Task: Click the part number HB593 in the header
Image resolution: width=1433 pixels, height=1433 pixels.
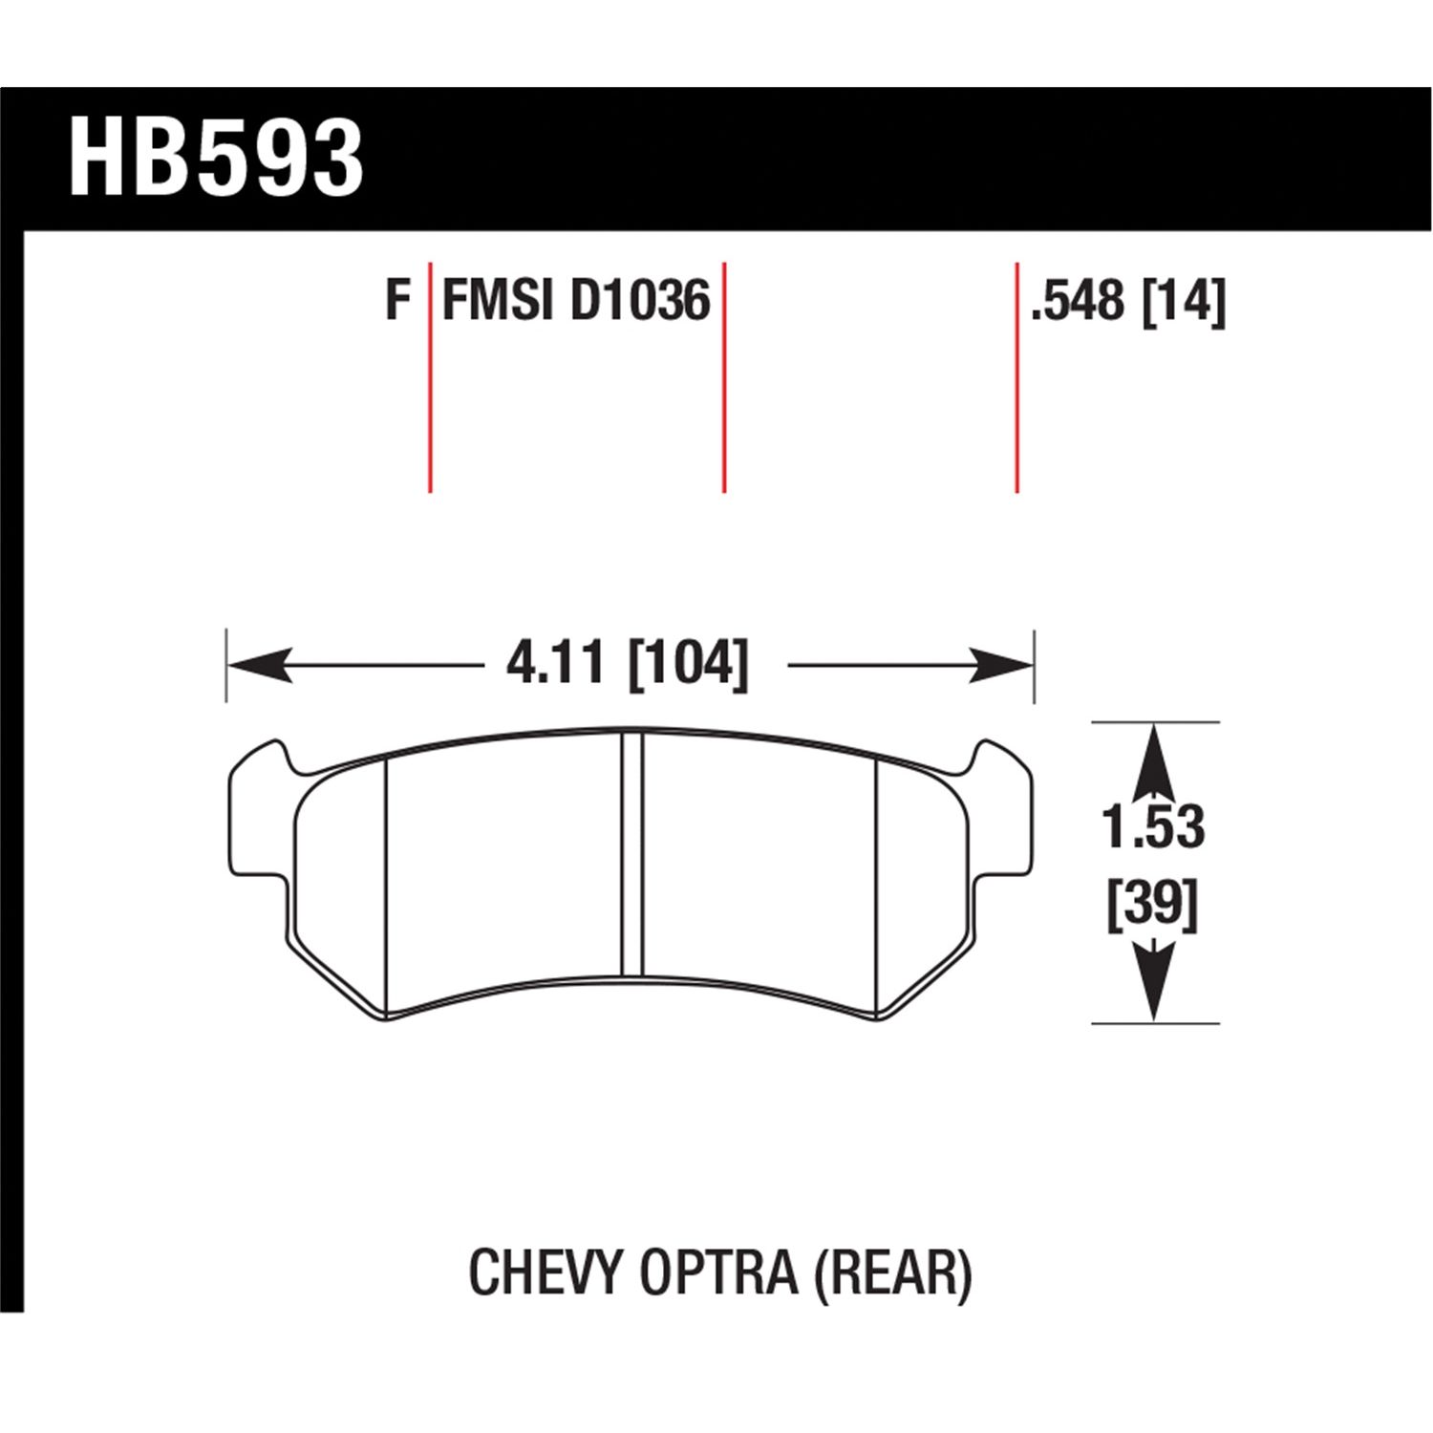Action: point(216,158)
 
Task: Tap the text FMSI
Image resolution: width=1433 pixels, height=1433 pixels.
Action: point(498,301)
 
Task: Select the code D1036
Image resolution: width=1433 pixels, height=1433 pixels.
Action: point(640,301)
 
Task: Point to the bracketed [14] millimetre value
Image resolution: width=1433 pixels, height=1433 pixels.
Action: point(1183,301)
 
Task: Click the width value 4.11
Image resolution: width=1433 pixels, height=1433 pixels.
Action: point(556,663)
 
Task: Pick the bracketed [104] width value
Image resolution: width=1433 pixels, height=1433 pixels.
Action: point(688,663)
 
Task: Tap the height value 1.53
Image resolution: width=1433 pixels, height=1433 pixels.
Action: point(1153,827)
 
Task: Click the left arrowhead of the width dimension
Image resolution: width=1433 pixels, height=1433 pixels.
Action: point(258,664)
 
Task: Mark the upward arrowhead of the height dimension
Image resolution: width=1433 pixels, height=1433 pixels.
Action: point(1154,755)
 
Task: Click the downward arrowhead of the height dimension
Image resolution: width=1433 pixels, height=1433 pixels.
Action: point(1154,989)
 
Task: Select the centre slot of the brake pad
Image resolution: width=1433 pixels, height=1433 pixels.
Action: point(631,852)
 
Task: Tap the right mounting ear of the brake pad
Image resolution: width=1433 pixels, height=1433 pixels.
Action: point(1003,812)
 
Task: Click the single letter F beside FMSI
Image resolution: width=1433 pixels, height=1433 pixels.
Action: point(397,301)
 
